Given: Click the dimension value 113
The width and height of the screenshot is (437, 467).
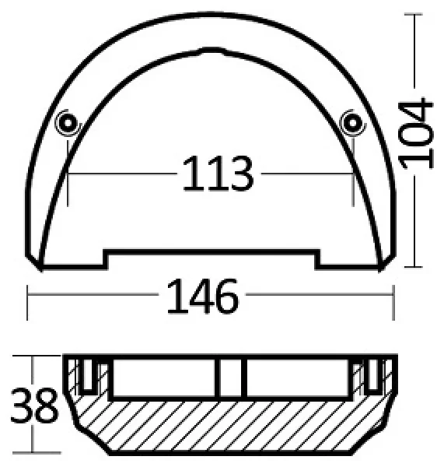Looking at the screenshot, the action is [x=218, y=174].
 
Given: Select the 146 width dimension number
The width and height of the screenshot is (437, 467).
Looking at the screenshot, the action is [x=203, y=296].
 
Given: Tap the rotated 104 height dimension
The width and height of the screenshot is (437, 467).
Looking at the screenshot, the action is [x=415, y=133].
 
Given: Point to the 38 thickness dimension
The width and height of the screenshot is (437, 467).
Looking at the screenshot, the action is [x=34, y=406].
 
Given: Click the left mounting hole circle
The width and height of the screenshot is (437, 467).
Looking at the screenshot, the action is [x=68, y=123].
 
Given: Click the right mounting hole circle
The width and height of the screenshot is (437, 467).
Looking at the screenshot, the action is [x=353, y=123].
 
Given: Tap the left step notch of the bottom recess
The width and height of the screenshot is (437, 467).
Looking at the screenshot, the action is [x=105, y=260].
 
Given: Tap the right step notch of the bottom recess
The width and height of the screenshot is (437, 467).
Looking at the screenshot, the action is [x=318, y=260].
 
